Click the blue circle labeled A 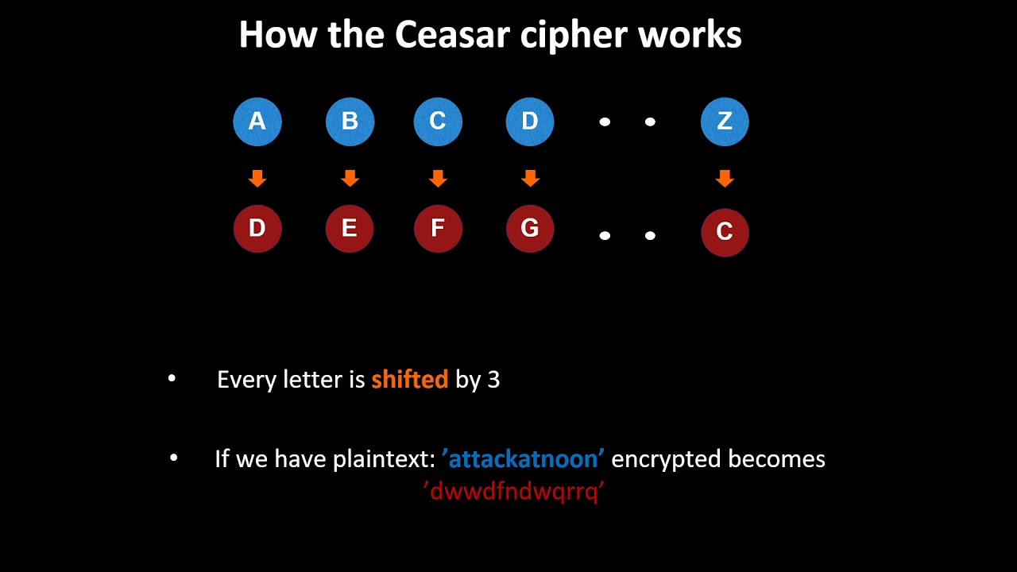pyautogui.click(x=257, y=122)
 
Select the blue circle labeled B pyautogui.click(x=350, y=122)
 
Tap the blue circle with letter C pyautogui.click(x=438, y=122)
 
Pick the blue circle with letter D pyautogui.click(x=530, y=122)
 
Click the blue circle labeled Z pyautogui.click(x=725, y=122)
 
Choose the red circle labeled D pyautogui.click(x=257, y=229)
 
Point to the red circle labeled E pyautogui.click(x=350, y=229)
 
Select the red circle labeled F pyautogui.click(x=438, y=229)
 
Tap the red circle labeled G pyautogui.click(x=530, y=229)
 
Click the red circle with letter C pyautogui.click(x=725, y=232)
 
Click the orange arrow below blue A pyautogui.click(x=257, y=179)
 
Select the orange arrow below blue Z pyautogui.click(x=725, y=179)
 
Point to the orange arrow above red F pyautogui.click(x=438, y=179)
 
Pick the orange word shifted pyautogui.click(x=409, y=380)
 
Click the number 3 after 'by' pyautogui.click(x=493, y=380)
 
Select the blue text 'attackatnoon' pyautogui.click(x=523, y=459)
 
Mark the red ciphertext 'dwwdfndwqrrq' pyautogui.click(x=515, y=492)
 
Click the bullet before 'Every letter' pyautogui.click(x=172, y=379)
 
